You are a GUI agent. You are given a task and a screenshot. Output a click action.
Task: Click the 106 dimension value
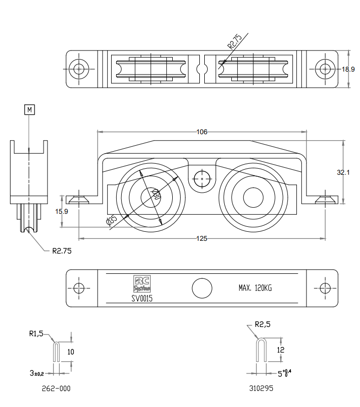[201, 132]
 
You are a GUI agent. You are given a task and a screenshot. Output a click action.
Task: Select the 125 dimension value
[201, 238]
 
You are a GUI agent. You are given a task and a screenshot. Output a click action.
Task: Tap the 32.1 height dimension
[343, 172]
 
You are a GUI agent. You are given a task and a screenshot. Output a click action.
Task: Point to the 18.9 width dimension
[348, 69]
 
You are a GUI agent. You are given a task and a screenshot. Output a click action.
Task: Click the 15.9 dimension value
[62, 212]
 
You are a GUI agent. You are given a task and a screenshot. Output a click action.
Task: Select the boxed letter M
[30, 109]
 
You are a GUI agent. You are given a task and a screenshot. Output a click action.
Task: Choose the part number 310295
[261, 388]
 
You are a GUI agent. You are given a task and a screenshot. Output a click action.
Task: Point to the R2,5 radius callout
[263, 324]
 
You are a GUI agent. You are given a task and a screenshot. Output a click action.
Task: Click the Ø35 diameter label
[112, 220]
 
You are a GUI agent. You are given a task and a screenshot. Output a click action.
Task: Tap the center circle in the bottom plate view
[202, 288]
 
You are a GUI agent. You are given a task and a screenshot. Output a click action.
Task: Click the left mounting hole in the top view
[79, 69]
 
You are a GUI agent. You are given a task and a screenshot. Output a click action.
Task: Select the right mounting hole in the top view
[326, 69]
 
